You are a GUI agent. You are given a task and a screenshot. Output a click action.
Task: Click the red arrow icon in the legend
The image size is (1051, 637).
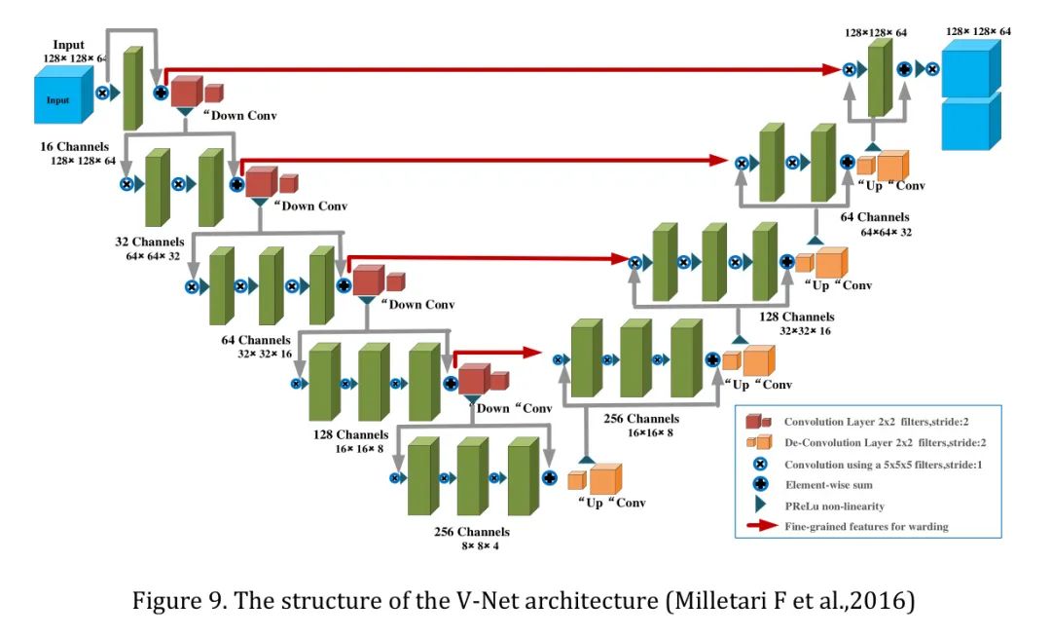coord(760,527)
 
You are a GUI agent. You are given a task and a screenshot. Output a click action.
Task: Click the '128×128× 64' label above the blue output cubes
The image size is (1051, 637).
coord(978,32)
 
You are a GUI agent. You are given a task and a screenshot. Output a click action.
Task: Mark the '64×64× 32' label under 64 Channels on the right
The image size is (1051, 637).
coord(886,232)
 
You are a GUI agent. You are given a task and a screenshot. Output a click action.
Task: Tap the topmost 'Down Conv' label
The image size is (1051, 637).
coord(238,115)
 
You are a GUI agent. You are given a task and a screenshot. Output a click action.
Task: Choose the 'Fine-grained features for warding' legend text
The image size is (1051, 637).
coord(866,527)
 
